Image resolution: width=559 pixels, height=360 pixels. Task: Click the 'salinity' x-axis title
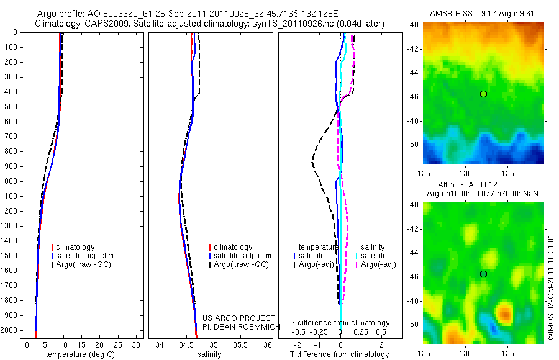pyautogui.click(x=209, y=354)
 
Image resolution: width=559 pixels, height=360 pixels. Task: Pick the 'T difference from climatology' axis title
pyautogui.click(x=339, y=354)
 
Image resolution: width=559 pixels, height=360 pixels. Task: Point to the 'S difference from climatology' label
pyautogui.click(x=340, y=323)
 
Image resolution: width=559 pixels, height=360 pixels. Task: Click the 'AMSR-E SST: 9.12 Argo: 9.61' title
pyautogui.click(x=483, y=14)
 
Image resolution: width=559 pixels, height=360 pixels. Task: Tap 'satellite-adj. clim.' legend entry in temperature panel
pyautogui.click(x=86, y=256)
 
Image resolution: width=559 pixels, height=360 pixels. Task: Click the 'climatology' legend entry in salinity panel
pyautogui.click(x=233, y=247)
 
